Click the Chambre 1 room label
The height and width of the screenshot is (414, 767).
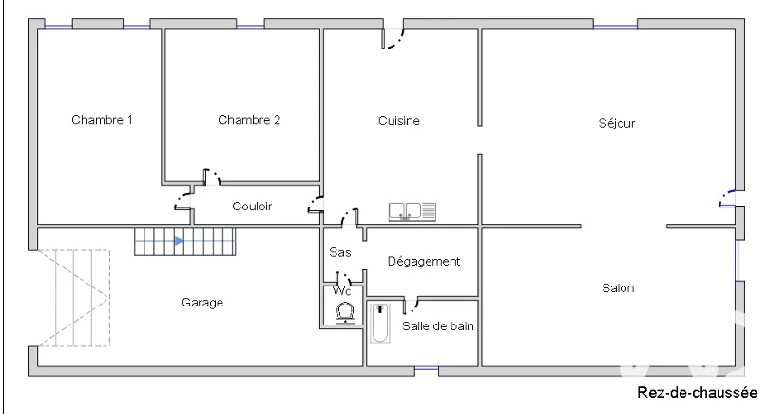[102, 120]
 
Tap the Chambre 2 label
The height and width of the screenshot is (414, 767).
[249, 120]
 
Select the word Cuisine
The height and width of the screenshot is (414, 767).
[398, 121]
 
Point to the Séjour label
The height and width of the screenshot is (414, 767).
[616, 123]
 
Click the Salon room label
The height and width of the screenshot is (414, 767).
[618, 288]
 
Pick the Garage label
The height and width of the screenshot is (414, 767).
[202, 303]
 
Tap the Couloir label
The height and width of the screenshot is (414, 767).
[252, 207]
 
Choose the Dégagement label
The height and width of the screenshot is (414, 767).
[424, 261]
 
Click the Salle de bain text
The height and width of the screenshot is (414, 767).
[438, 325]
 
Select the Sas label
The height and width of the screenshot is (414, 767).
[340, 252]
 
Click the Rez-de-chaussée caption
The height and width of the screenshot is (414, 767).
[697, 392]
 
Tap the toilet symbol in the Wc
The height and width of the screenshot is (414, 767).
[345, 312]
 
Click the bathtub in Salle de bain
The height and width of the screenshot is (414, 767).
[379, 323]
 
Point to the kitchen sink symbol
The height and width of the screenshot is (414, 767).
[412, 211]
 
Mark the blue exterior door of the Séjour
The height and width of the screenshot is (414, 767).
[726, 198]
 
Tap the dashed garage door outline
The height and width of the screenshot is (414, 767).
[73, 299]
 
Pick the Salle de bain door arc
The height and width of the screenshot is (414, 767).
[414, 306]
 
